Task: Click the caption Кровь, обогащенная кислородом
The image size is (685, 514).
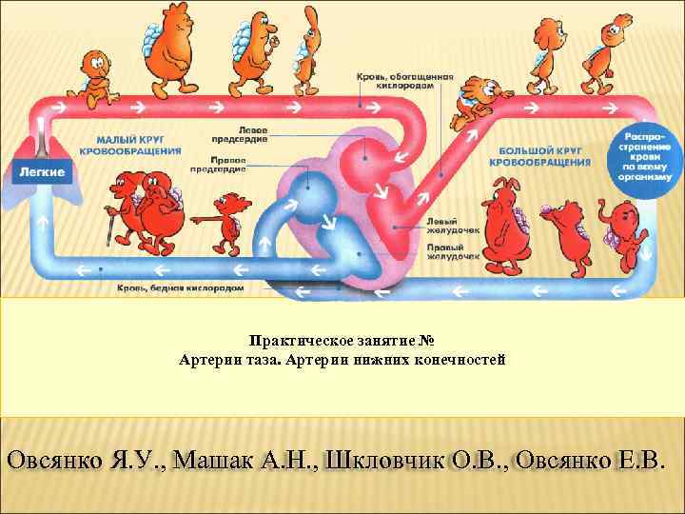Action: [x=404, y=80]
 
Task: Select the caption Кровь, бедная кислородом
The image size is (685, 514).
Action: [x=181, y=286]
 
